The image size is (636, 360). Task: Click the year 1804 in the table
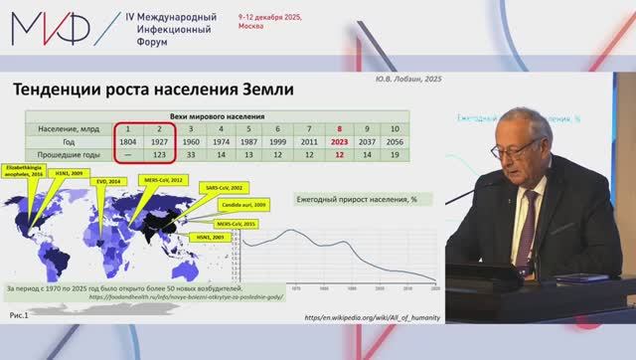coord(127,142)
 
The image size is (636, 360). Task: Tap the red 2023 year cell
coord(341,142)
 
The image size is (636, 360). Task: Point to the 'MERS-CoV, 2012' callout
coord(163,180)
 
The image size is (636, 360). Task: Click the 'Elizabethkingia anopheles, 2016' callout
coord(28,173)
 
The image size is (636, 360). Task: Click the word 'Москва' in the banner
coord(252,28)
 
